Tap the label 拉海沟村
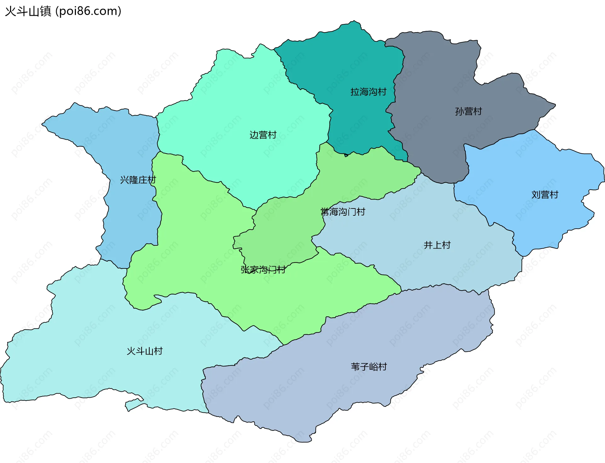point(368,92)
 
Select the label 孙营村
point(468,111)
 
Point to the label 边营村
point(263,135)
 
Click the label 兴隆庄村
point(138,180)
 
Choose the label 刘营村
point(545,195)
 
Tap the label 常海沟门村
point(343,212)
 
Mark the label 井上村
point(437,245)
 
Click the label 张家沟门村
point(263,270)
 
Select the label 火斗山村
point(144,351)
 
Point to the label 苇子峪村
point(369,367)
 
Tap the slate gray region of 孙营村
point(441,79)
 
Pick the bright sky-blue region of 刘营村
point(536,164)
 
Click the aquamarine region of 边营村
point(252,101)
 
